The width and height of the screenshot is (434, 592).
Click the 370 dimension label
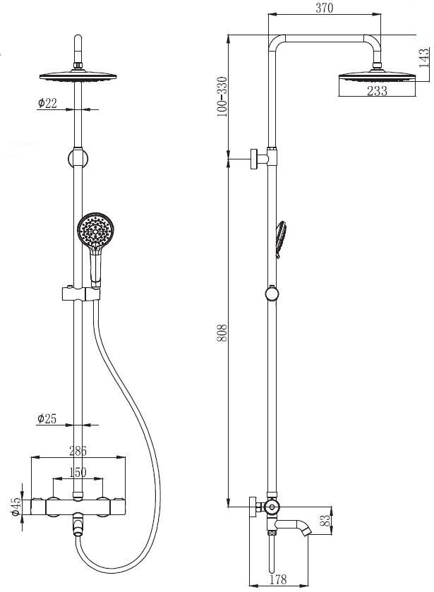point(325,8)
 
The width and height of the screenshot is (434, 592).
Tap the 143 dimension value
point(425,58)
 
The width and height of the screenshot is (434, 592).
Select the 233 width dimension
point(377,91)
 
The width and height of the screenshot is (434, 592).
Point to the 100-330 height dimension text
point(222,97)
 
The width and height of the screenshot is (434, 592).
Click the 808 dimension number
point(222,332)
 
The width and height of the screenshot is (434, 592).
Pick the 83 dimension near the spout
point(325,521)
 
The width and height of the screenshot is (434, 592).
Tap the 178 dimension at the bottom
point(279,579)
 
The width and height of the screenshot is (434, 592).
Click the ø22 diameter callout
point(47,102)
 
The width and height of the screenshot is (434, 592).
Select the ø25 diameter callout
point(47,418)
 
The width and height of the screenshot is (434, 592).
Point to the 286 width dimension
point(78,450)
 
